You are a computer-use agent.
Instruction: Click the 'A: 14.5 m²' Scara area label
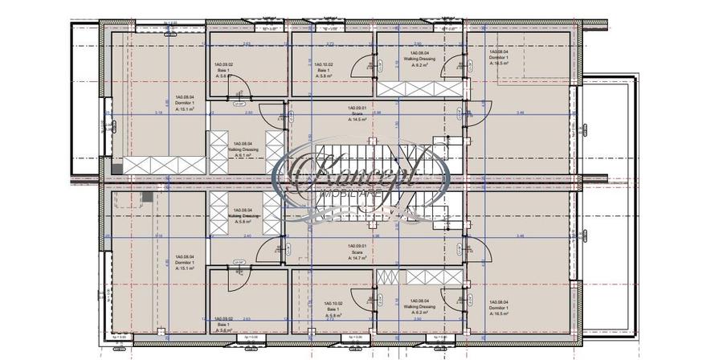pyautogui.click(x=357, y=119)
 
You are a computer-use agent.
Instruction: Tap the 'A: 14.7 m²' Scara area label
pyautogui.click(x=357, y=256)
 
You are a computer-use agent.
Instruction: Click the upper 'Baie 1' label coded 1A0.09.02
pyautogui.click(x=223, y=72)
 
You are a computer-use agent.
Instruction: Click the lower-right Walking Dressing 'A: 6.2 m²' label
pyautogui.click(x=418, y=312)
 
